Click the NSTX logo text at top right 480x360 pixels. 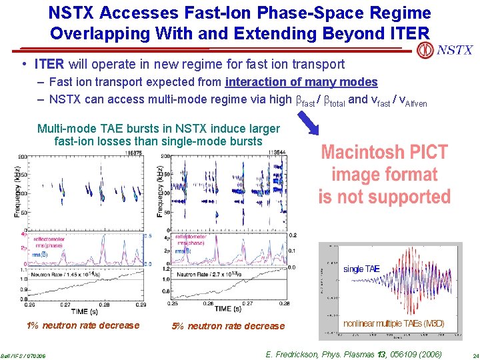[455, 50]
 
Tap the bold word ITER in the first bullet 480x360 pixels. [49, 65]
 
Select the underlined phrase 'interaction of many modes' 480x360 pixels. [301, 82]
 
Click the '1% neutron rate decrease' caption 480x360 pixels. [83, 325]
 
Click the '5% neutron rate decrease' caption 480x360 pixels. [228, 326]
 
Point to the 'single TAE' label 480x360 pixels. [361, 269]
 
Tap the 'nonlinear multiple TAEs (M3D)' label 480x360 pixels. [393, 323]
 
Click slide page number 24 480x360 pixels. [471, 355]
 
